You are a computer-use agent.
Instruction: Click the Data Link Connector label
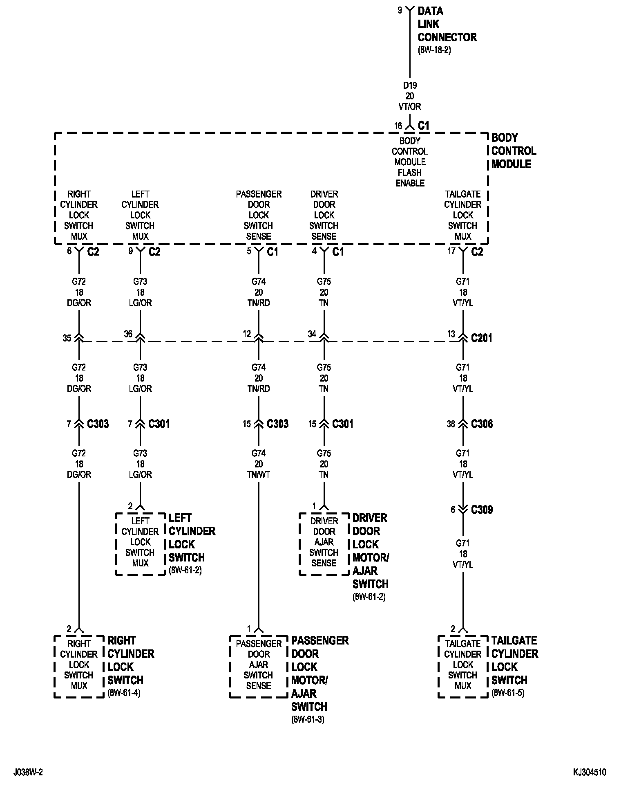447,24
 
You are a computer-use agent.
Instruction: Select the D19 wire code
410,85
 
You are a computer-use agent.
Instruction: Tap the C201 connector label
481,338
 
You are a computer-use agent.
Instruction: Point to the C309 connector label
482,510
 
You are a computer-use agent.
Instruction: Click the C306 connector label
482,424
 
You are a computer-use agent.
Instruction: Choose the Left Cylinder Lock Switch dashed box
140,543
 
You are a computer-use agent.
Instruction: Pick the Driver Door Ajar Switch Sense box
324,543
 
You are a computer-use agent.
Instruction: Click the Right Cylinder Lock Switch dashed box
79,666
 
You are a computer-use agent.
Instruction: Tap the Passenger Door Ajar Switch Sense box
259,666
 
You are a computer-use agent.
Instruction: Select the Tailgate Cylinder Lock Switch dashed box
463,666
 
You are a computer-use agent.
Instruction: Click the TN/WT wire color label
259,475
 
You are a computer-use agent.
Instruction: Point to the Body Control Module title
514,151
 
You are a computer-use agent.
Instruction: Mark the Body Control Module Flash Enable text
410,162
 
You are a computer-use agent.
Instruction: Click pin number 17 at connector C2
451,251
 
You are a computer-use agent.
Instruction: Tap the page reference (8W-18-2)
434,50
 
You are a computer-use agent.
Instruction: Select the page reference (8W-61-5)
508,693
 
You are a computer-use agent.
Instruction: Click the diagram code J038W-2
28,772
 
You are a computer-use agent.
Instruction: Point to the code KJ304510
589,772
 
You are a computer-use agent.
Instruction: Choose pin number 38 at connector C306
451,424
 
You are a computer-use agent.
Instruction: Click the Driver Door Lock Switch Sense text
324,215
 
